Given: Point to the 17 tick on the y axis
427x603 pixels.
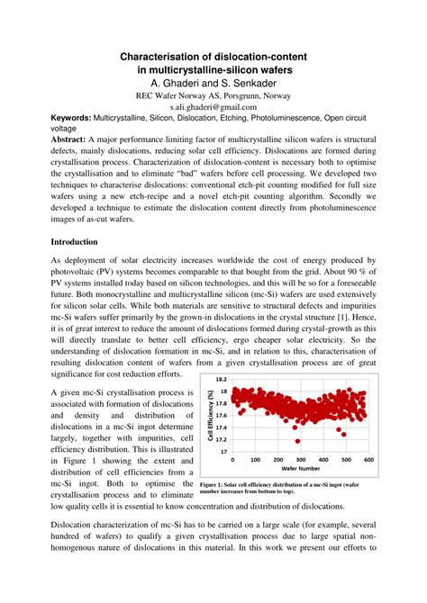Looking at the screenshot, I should point(227,453).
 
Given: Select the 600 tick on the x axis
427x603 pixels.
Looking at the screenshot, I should point(368,461).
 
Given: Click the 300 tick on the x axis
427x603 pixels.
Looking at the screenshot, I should point(299,461).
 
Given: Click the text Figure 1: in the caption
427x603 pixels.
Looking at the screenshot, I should point(213,484).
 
